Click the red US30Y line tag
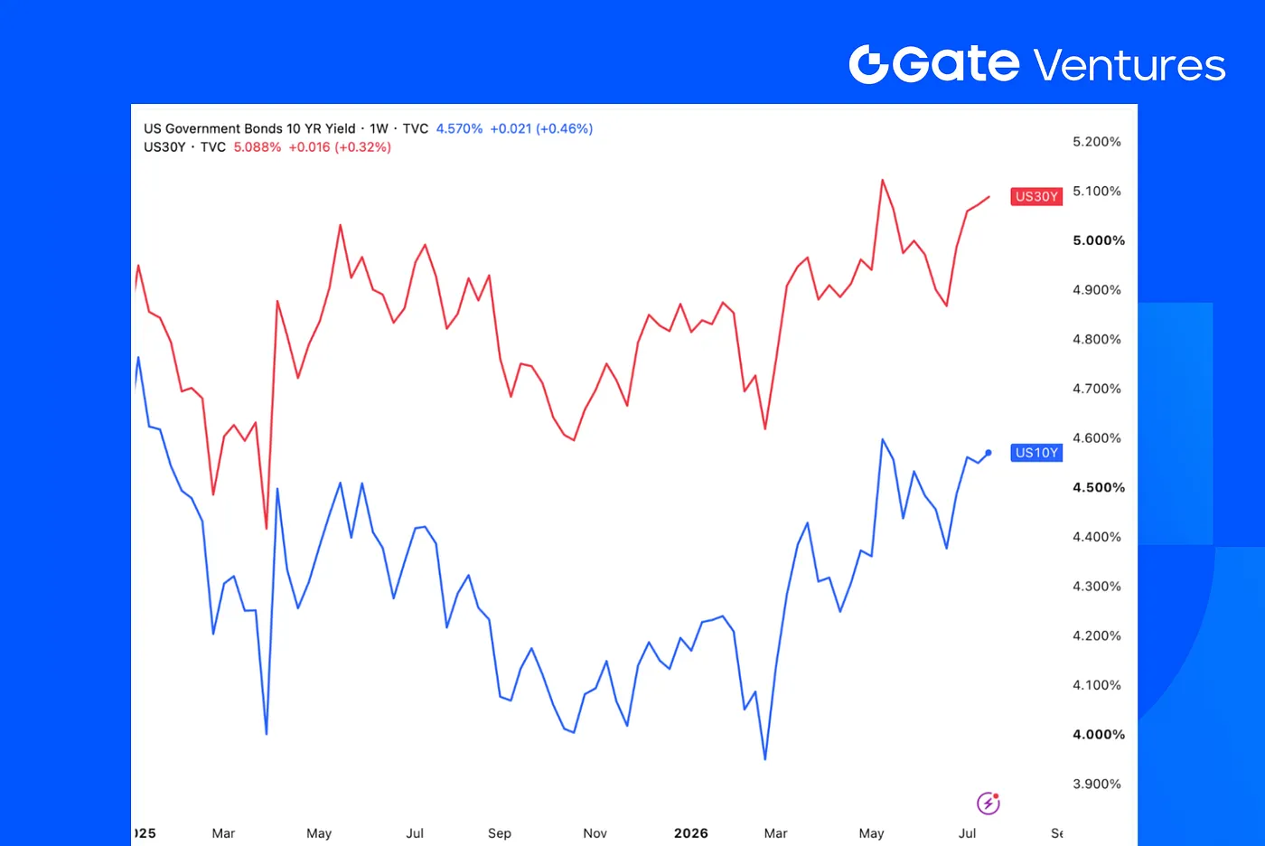point(1036,196)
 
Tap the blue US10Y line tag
point(1036,452)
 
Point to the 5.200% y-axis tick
point(1097,142)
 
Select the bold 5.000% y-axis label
point(1099,240)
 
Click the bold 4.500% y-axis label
point(1099,487)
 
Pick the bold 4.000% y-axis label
point(1099,734)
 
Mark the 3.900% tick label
point(1097,784)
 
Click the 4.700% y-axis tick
point(1097,389)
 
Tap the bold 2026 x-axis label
point(691,833)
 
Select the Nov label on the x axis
point(595,833)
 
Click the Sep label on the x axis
point(499,833)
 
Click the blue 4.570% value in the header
point(459,128)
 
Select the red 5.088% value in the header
point(257,147)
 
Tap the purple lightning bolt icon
point(989,804)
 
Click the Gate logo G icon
point(868,64)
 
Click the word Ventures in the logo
point(1129,65)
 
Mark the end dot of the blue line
point(989,453)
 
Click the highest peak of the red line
point(882,180)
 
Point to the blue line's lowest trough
point(765,759)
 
